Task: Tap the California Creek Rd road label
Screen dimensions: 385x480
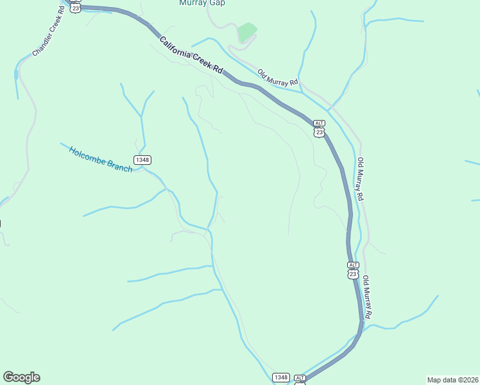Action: click(x=191, y=55)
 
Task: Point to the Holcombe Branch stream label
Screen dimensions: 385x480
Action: click(x=101, y=160)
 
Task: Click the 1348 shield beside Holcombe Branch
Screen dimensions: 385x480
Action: click(x=142, y=159)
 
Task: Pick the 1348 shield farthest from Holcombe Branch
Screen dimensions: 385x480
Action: click(x=280, y=377)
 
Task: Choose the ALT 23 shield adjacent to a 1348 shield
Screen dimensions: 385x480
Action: click(x=300, y=380)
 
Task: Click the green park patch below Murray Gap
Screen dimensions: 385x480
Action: click(x=246, y=31)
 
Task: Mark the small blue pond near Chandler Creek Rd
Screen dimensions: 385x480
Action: click(x=15, y=74)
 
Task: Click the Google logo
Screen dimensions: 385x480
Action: click(x=21, y=377)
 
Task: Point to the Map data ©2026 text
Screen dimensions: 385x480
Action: click(x=452, y=380)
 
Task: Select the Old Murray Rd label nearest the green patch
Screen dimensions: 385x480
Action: click(x=278, y=78)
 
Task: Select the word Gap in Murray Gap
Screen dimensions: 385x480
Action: click(x=217, y=3)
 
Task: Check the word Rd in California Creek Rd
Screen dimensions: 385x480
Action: click(x=218, y=69)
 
